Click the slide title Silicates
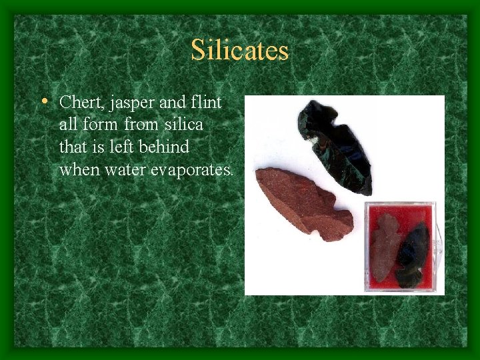(239, 51)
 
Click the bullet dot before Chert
(43, 102)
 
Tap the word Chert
(77, 103)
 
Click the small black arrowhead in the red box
(412, 254)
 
